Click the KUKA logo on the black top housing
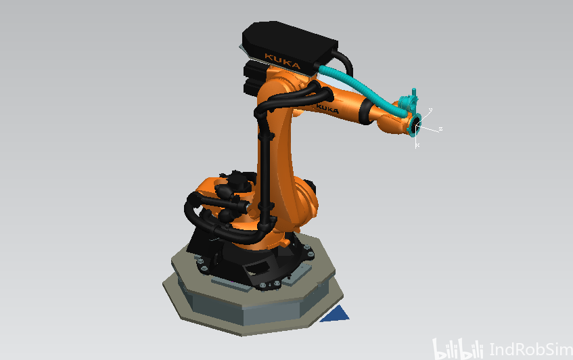click(282, 62)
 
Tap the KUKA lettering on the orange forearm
click(327, 108)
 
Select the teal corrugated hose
click(362, 90)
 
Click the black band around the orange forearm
click(366, 111)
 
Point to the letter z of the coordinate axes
click(440, 129)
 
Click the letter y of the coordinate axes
click(430, 110)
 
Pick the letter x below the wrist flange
click(417, 145)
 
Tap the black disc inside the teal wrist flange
click(416, 127)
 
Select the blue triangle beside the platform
click(336, 314)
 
